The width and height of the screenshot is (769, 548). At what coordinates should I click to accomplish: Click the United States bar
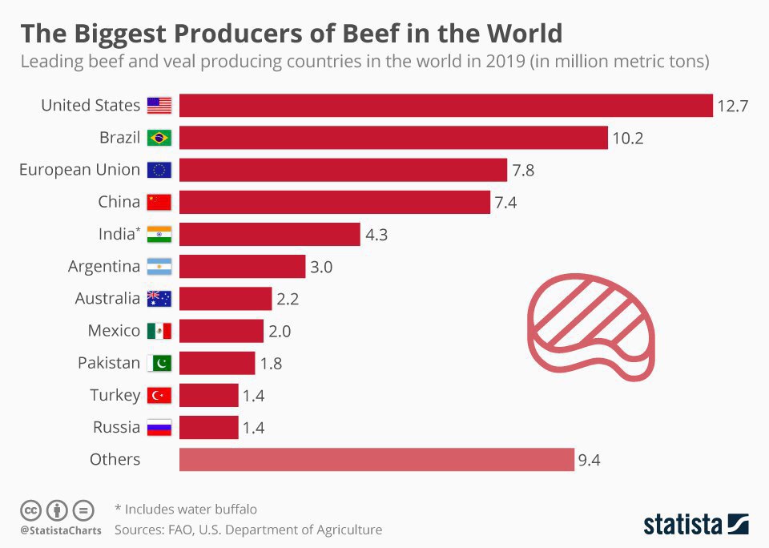point(445,106)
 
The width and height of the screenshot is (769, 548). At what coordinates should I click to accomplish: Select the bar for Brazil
point(393,138)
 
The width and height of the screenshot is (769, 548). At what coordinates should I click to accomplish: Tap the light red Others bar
point(376,459)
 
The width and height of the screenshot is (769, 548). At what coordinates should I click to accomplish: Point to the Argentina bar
point(242,266)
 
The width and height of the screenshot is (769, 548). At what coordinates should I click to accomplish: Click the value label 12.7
point(732,106)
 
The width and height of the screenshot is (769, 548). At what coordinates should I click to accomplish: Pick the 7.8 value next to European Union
point(526,170)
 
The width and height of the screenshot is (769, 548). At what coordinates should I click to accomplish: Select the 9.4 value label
point(589,459)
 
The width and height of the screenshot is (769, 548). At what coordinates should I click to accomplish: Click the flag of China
point(159,202)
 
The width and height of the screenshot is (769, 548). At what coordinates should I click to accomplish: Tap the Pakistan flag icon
point(159,363)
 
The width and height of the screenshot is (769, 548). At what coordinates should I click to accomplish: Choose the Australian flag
point(159,299)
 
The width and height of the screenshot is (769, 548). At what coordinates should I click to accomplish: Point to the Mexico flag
point(159,331)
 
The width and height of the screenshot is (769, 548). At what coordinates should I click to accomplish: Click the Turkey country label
point(116,395)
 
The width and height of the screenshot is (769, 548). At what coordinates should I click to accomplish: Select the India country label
point(115,234)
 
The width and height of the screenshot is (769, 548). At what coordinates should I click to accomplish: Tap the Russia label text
point(116,427)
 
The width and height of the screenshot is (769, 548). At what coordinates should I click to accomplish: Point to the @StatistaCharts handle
point(61,530)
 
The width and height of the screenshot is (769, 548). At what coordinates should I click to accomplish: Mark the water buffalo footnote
point(186,509)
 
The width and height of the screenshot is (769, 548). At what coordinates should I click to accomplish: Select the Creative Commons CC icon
point(30,510)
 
